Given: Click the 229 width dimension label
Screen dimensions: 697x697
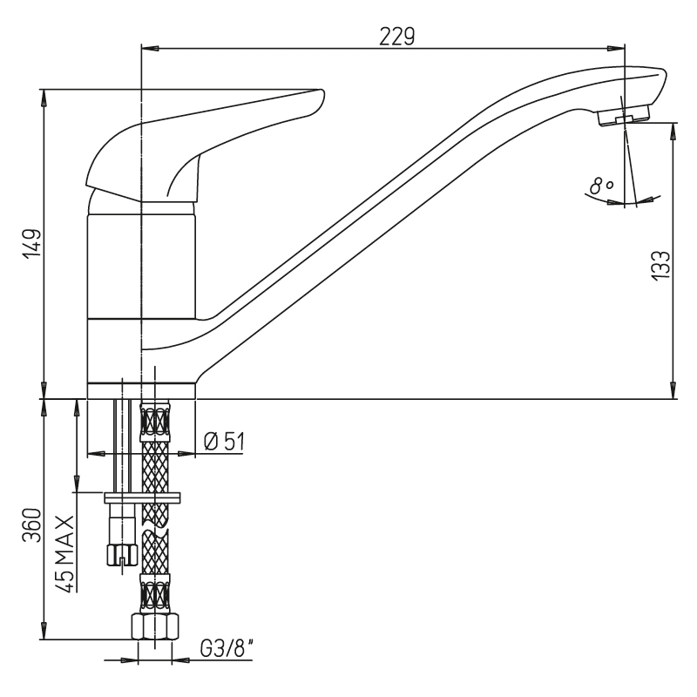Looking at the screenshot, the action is [396, 36].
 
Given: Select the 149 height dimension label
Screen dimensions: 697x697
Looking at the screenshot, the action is [33, 243].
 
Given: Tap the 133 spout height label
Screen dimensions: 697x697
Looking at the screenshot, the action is [661, 265].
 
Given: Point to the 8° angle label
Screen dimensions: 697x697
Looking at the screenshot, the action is [601, 186].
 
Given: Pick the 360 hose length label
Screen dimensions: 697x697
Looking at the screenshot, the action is [33, 525].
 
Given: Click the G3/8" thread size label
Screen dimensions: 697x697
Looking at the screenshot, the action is [227, 649].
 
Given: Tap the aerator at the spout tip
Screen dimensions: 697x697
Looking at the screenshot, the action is [623, 116].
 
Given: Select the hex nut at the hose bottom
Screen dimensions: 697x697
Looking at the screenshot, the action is [155, 626].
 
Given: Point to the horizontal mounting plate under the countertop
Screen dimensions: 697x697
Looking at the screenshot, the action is [143, 497].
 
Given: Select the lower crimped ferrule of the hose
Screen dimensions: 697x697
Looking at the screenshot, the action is [155, 593].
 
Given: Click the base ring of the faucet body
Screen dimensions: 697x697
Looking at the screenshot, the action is [141, 390].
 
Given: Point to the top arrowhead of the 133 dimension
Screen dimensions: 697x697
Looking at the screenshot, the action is [673, 131].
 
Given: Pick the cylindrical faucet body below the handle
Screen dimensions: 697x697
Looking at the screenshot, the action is [141, 267].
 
